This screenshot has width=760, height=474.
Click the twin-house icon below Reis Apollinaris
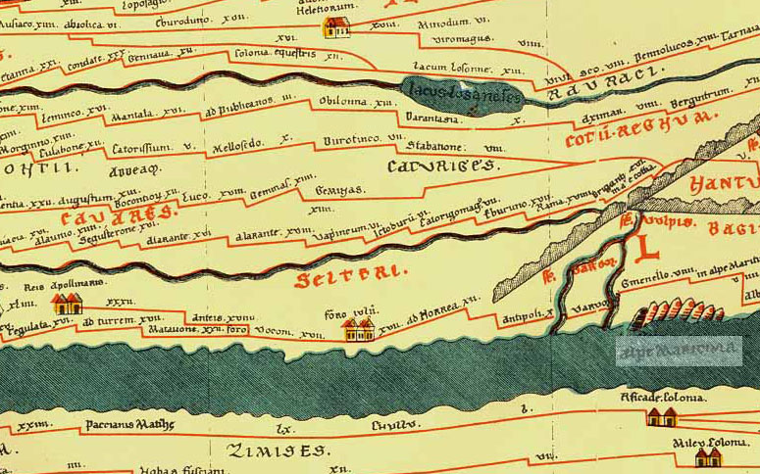tap(66, 305)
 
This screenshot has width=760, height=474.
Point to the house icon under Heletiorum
tap(336, 26)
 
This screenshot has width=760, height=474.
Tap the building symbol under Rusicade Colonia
tap(660, 417)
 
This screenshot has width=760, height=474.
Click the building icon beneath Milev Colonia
tap(708, 456)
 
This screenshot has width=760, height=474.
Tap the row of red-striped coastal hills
tap(677, 314)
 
